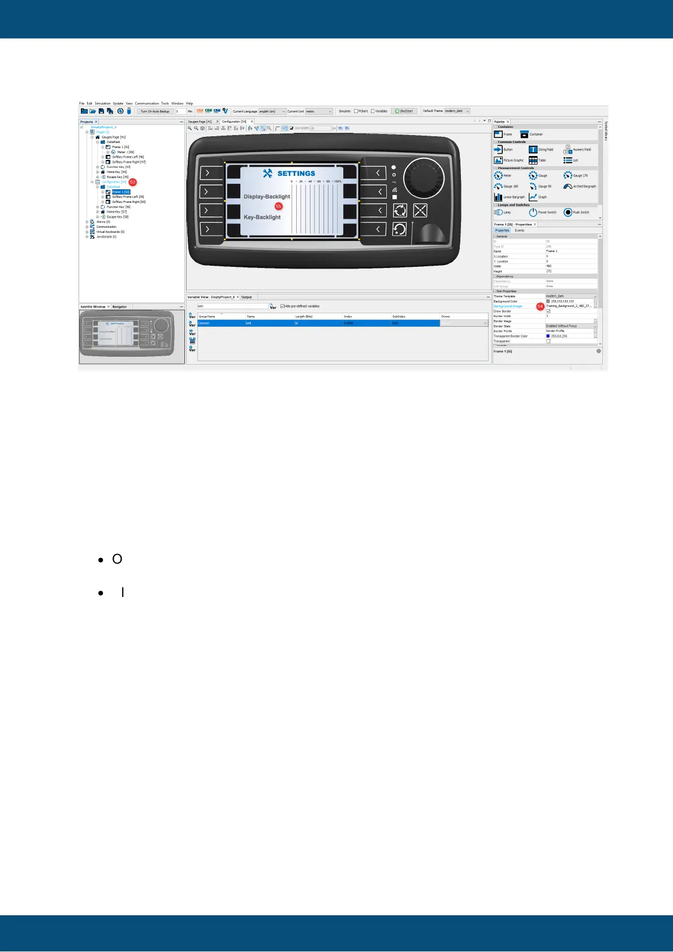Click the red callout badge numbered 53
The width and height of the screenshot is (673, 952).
132,182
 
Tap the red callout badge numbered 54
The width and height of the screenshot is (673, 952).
540,306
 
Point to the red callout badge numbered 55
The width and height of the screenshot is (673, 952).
278,206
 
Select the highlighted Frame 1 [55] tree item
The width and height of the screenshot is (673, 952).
120,192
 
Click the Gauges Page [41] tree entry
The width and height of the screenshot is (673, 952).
113,137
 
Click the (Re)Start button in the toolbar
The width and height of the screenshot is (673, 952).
404,111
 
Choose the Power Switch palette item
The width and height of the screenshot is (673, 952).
542,213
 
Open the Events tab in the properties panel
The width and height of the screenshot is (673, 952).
519,231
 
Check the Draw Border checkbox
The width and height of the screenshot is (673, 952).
548,311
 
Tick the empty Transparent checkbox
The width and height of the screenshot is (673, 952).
548,341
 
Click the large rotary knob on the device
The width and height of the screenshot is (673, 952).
424,177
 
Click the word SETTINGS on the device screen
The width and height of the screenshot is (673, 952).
296,174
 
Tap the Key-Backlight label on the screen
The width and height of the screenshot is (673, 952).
262,217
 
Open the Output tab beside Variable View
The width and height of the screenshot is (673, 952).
247,297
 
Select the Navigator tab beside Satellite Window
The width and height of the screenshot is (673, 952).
119,307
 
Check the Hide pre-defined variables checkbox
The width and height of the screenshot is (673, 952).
283,306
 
